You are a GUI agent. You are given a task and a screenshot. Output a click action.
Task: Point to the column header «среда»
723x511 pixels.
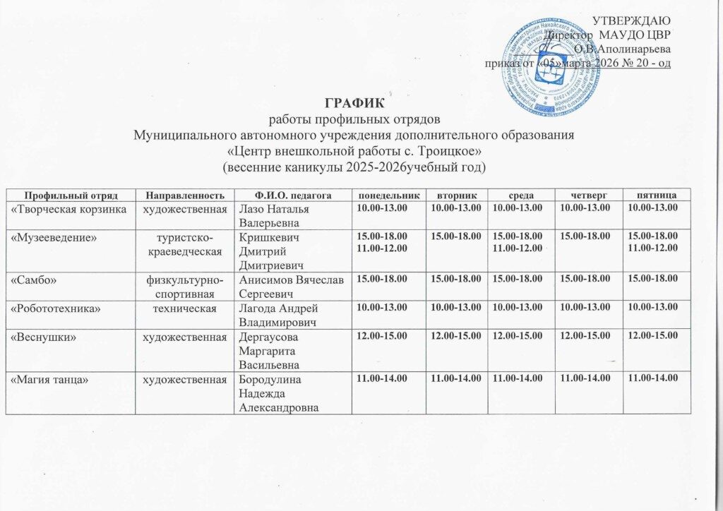click(x=524, y=193)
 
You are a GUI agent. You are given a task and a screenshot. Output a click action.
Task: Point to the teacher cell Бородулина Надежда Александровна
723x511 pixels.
click(x=281, y=393)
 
